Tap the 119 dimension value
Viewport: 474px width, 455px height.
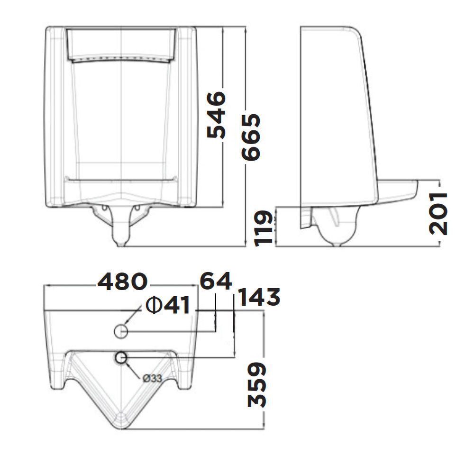[264, 227]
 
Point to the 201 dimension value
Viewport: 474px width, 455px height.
[438, 213]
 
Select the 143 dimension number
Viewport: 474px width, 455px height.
[258, 298]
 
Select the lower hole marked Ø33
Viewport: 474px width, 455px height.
[121, 358]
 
